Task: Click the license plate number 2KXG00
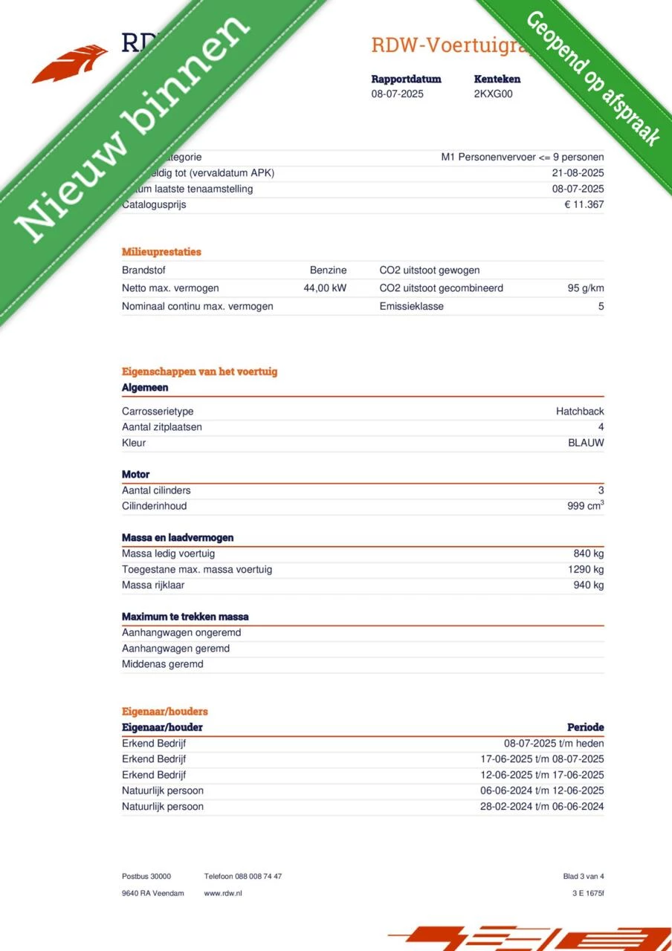point(493,94)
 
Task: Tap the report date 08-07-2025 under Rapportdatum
point(398,94)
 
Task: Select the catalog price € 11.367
point(584,205)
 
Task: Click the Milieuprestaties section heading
point(161,252)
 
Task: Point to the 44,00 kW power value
point(325,288)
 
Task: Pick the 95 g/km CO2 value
point(585,288)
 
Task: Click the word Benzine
point(328,270)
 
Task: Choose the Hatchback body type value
point(580,412)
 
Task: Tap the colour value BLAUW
point(586,443)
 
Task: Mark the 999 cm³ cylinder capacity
point(585,506)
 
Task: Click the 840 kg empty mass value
point(588,554)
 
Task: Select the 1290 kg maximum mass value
point(586,570)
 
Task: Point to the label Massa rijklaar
point(153,585)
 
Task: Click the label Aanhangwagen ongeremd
point(181,633)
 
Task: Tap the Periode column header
point(585,727)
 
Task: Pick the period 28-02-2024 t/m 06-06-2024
point(542,807)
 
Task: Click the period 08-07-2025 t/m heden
point(554,744)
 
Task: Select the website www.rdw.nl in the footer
point(223,893)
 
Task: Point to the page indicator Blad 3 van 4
point(584,877)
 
